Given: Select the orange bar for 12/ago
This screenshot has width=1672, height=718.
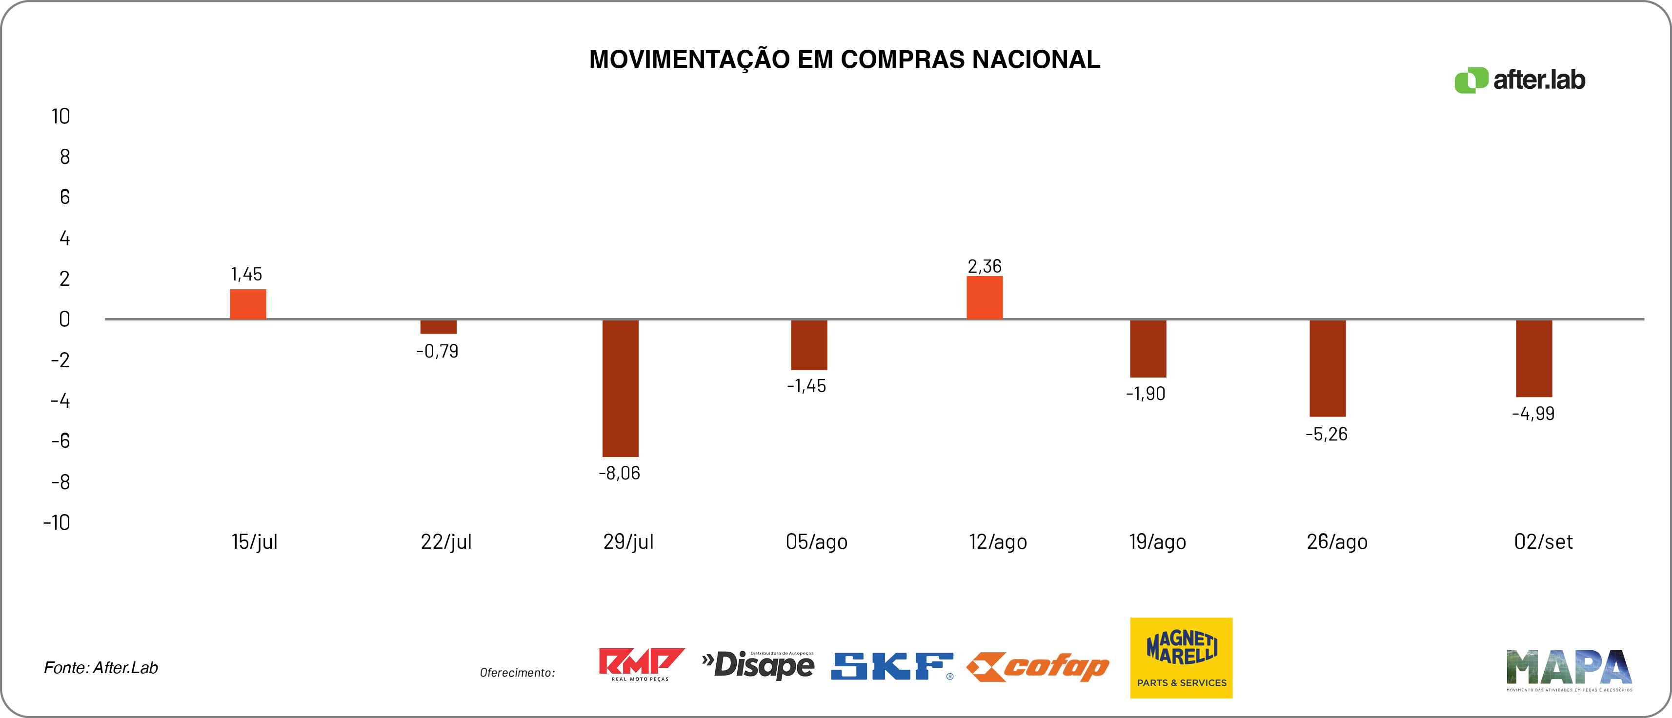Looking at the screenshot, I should click(x=984, y=298).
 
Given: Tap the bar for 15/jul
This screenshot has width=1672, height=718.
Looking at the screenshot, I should click(x=248, y=304).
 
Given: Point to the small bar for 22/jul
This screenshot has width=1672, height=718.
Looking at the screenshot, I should click(x=438, y=326).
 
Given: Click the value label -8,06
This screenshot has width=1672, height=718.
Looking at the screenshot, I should click(x=619, y=473).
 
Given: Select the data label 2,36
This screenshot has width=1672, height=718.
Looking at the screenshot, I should click(x=984, y=266).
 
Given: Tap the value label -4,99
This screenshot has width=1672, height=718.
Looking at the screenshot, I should click(x=1533, y=414).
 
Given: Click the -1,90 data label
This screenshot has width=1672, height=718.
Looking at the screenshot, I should click(x=1146, y=394).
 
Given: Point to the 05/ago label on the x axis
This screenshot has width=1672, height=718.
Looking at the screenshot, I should click(x=817, y=541).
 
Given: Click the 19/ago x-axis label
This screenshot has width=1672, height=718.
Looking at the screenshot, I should click(x=1157, y=541).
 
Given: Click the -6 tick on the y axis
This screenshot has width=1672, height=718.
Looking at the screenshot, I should click(x=60, y=441).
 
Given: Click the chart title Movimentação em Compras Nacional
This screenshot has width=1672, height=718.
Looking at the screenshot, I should click(x=845, y=59).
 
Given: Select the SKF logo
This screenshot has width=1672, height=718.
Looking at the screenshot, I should click(x=892, y=666).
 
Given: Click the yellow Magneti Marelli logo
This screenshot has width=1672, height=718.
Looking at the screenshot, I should click(x=1181, y=658).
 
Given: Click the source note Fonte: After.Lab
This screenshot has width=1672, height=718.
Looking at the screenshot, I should click(x=101, y=667).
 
